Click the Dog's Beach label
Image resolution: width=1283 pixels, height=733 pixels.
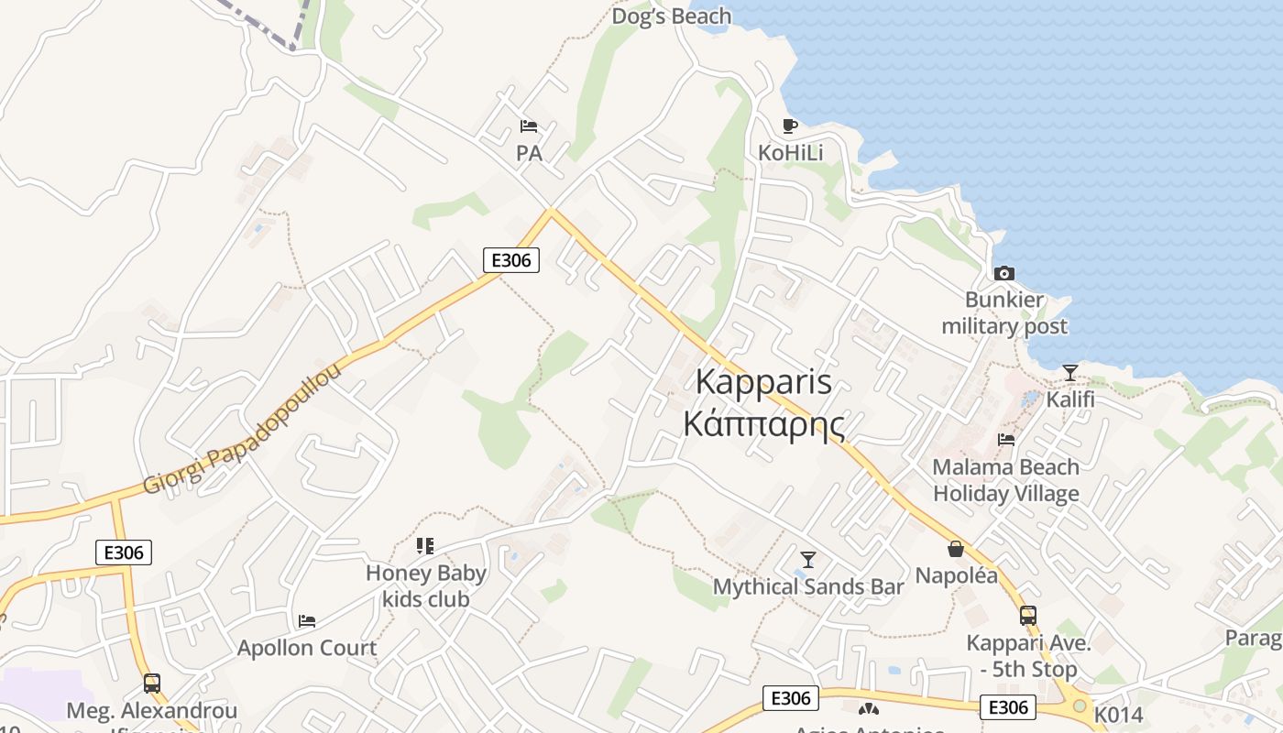click(671, 16)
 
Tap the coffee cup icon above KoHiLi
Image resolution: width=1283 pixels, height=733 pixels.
click(790, 126)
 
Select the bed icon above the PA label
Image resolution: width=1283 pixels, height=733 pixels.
click(529, 126)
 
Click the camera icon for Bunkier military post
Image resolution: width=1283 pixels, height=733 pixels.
click(1004, 273)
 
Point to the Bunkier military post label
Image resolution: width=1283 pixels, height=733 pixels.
click(1004, 313)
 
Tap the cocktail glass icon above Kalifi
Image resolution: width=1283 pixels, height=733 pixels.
click(1069, 372)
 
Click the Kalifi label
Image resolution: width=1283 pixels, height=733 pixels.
click(1070, 399)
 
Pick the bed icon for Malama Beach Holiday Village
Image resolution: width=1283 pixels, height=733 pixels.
click(1006, 440)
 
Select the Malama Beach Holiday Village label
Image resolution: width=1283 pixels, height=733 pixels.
click(1006, 480)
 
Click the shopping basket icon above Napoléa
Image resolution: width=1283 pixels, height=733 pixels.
click(956, 549)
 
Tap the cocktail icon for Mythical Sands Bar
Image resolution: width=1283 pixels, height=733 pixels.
click(807, 559)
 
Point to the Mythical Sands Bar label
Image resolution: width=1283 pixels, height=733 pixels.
click(808, 586)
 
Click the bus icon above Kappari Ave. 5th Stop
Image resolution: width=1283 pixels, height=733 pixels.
click(1028, 616)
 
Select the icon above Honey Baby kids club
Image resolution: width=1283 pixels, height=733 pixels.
click(424, 546)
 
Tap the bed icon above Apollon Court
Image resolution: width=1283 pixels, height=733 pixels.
click(307, 621)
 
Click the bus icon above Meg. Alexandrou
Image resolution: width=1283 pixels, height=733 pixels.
click(152, 683)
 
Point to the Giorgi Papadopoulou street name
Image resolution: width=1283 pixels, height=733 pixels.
click(243, 428)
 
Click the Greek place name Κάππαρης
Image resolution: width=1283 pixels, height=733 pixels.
click(764, 424)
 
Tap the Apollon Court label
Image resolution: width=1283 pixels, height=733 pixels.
click(307, 648)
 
